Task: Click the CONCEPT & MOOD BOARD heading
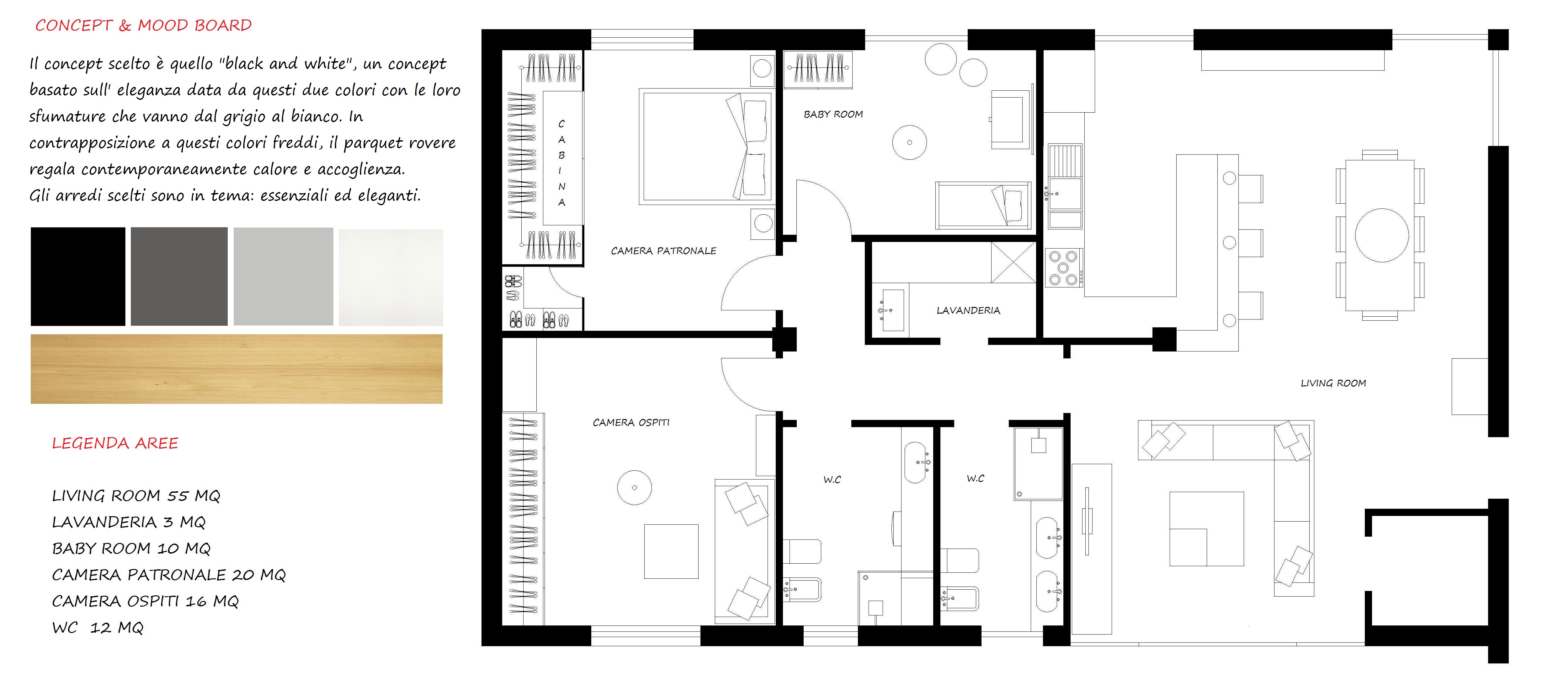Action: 143,25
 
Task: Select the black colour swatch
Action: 78,276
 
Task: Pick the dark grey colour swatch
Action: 179,276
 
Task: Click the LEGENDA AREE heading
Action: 115,443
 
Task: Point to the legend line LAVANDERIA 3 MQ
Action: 129,522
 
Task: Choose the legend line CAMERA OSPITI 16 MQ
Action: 146,601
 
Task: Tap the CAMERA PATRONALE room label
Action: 663,251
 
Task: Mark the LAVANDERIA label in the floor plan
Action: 968,310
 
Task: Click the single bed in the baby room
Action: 983,206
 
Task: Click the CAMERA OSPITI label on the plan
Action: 631,423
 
